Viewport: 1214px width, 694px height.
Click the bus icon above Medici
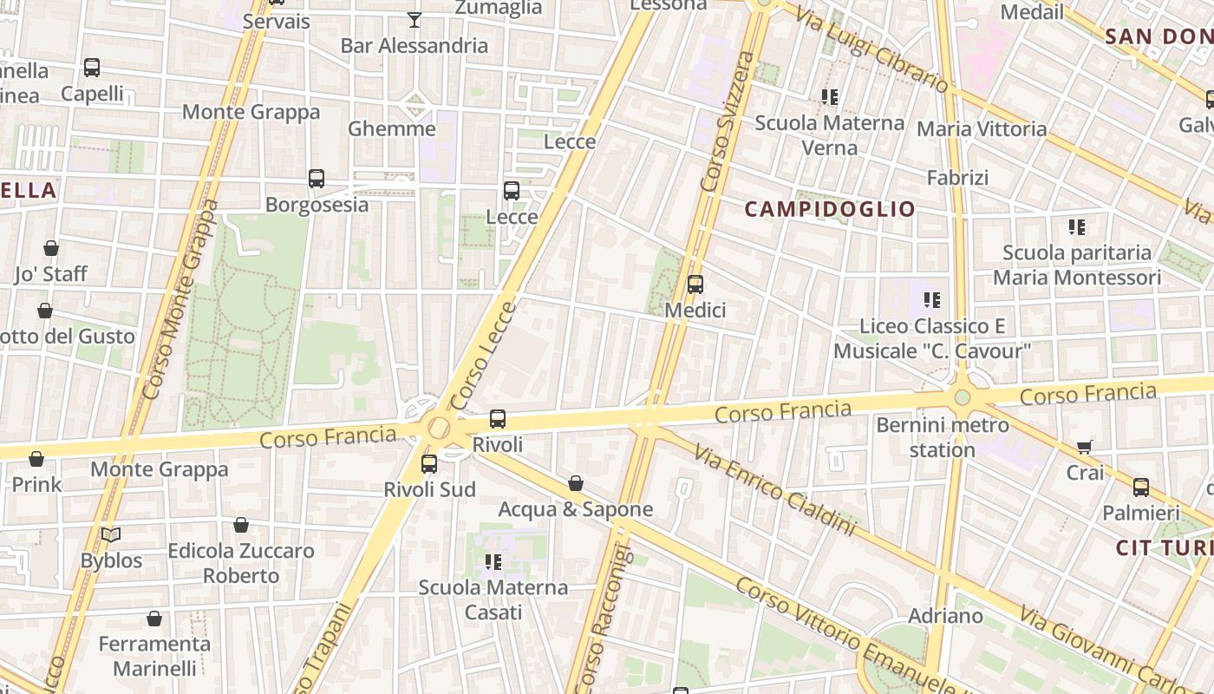(695, 285)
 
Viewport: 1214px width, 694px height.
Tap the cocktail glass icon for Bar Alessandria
(414, 19)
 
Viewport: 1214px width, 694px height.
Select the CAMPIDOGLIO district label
(830, 209)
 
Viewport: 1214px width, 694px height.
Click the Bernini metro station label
(943, 437)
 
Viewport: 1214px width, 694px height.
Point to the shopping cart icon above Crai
(1085, 447)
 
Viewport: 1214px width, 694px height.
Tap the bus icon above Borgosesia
(317, 179)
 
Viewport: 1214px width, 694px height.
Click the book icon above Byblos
(111, 534)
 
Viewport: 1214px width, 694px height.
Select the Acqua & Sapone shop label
(575, 509)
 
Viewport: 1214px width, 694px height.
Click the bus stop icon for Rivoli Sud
(429, 464)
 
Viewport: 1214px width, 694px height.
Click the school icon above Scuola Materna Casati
(493, 562)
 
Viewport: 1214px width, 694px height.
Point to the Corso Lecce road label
(483, 356)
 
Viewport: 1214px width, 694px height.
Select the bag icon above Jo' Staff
(51, 248)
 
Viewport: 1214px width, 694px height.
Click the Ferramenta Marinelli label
(154, 656)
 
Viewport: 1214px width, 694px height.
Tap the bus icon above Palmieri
(1141, 488)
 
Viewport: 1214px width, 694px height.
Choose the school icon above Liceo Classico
(932, 300)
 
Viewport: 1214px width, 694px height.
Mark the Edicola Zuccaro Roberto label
(241, 563)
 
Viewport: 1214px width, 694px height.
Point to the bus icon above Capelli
(92, 68)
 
